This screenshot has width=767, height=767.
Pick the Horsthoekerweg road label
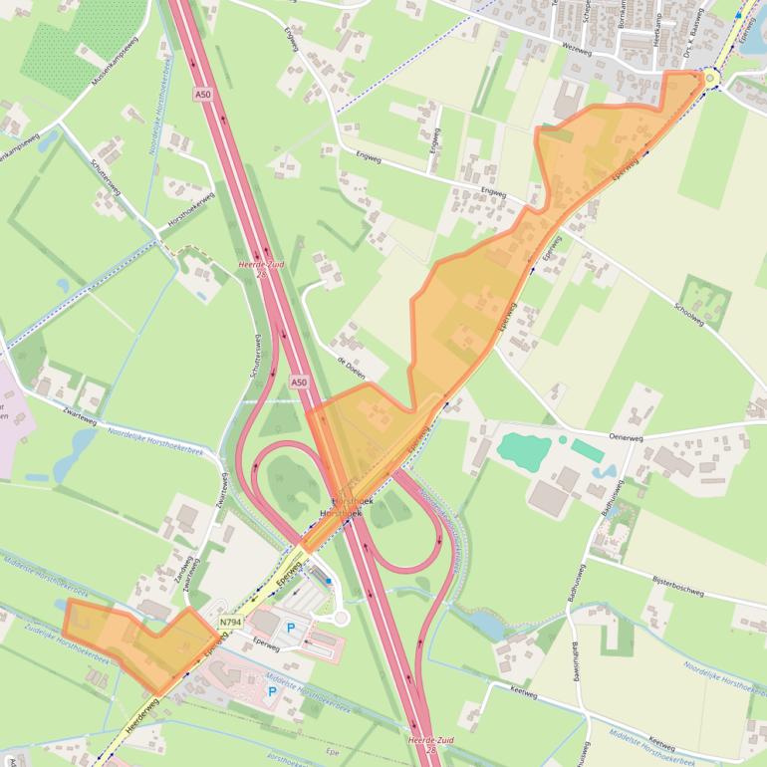[x=190, y=212]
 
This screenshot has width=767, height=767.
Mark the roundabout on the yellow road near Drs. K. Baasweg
[x=711, y=78]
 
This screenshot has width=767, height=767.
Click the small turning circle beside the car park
[x=342, y=618]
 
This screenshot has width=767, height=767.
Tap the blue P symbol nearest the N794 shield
[x=292, y=628]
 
